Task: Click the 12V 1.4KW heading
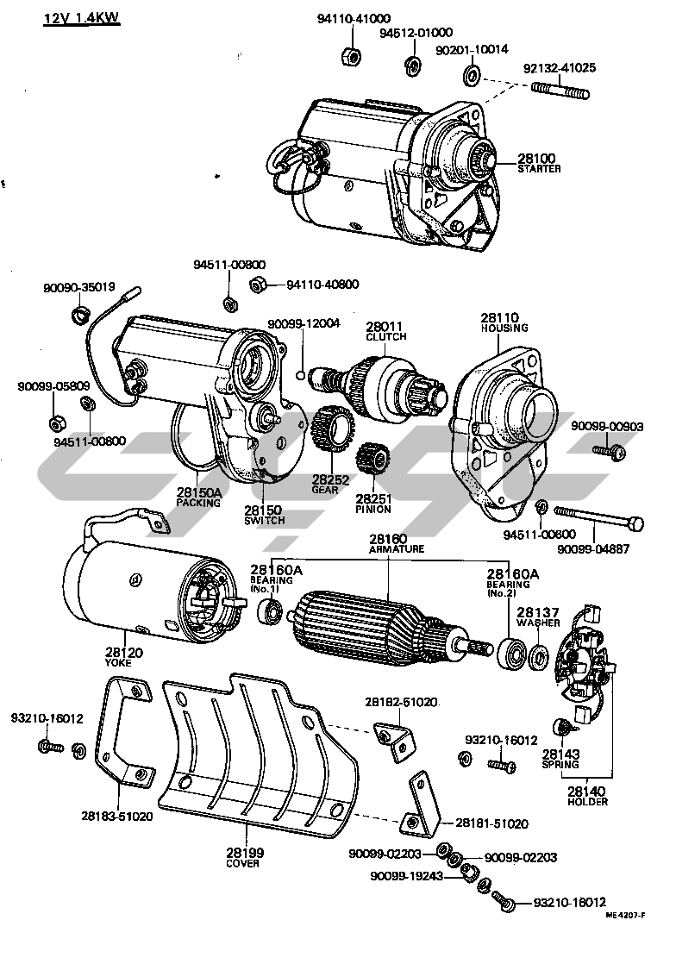click(82, 19)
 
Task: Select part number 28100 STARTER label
click(538, 163)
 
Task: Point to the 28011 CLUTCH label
click(385, 331)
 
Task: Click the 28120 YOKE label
click(124, 658)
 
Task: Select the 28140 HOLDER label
click(588, 796)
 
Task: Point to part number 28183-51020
click(118, 815)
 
